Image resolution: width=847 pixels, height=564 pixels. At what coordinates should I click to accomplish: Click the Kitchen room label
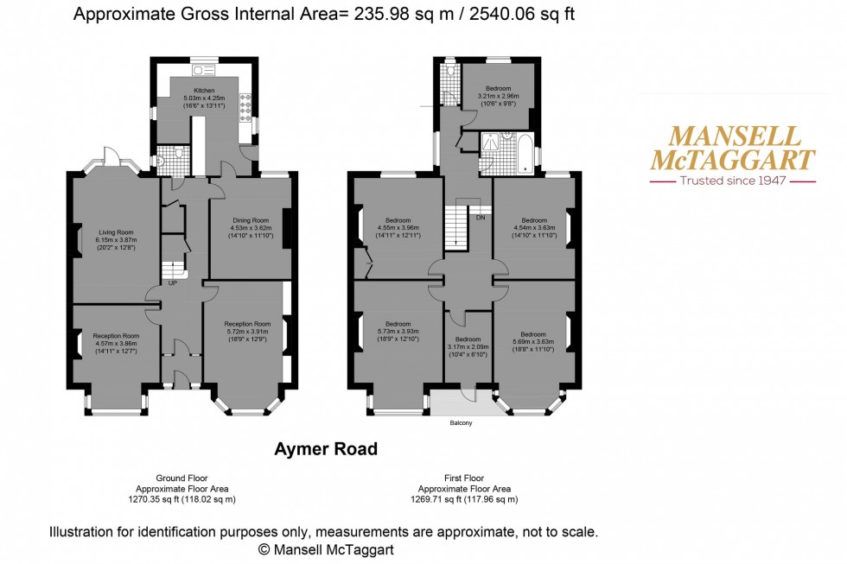point(204,91)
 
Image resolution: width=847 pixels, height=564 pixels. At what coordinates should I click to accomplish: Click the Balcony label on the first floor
point(461,423)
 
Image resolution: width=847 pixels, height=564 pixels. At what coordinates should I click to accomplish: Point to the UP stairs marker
point(172,283)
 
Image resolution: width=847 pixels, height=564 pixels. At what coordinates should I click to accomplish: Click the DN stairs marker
point(480,218)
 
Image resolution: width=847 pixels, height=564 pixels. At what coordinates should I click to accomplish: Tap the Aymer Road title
point(325,449)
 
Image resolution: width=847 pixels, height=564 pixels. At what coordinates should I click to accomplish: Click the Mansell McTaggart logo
point(731,149)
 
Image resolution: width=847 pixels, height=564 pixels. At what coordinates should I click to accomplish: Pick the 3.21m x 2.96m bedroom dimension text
point(497,97)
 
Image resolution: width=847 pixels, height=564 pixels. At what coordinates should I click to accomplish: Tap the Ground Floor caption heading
point(181,478)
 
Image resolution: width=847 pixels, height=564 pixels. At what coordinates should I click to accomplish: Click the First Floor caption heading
point(465,478)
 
